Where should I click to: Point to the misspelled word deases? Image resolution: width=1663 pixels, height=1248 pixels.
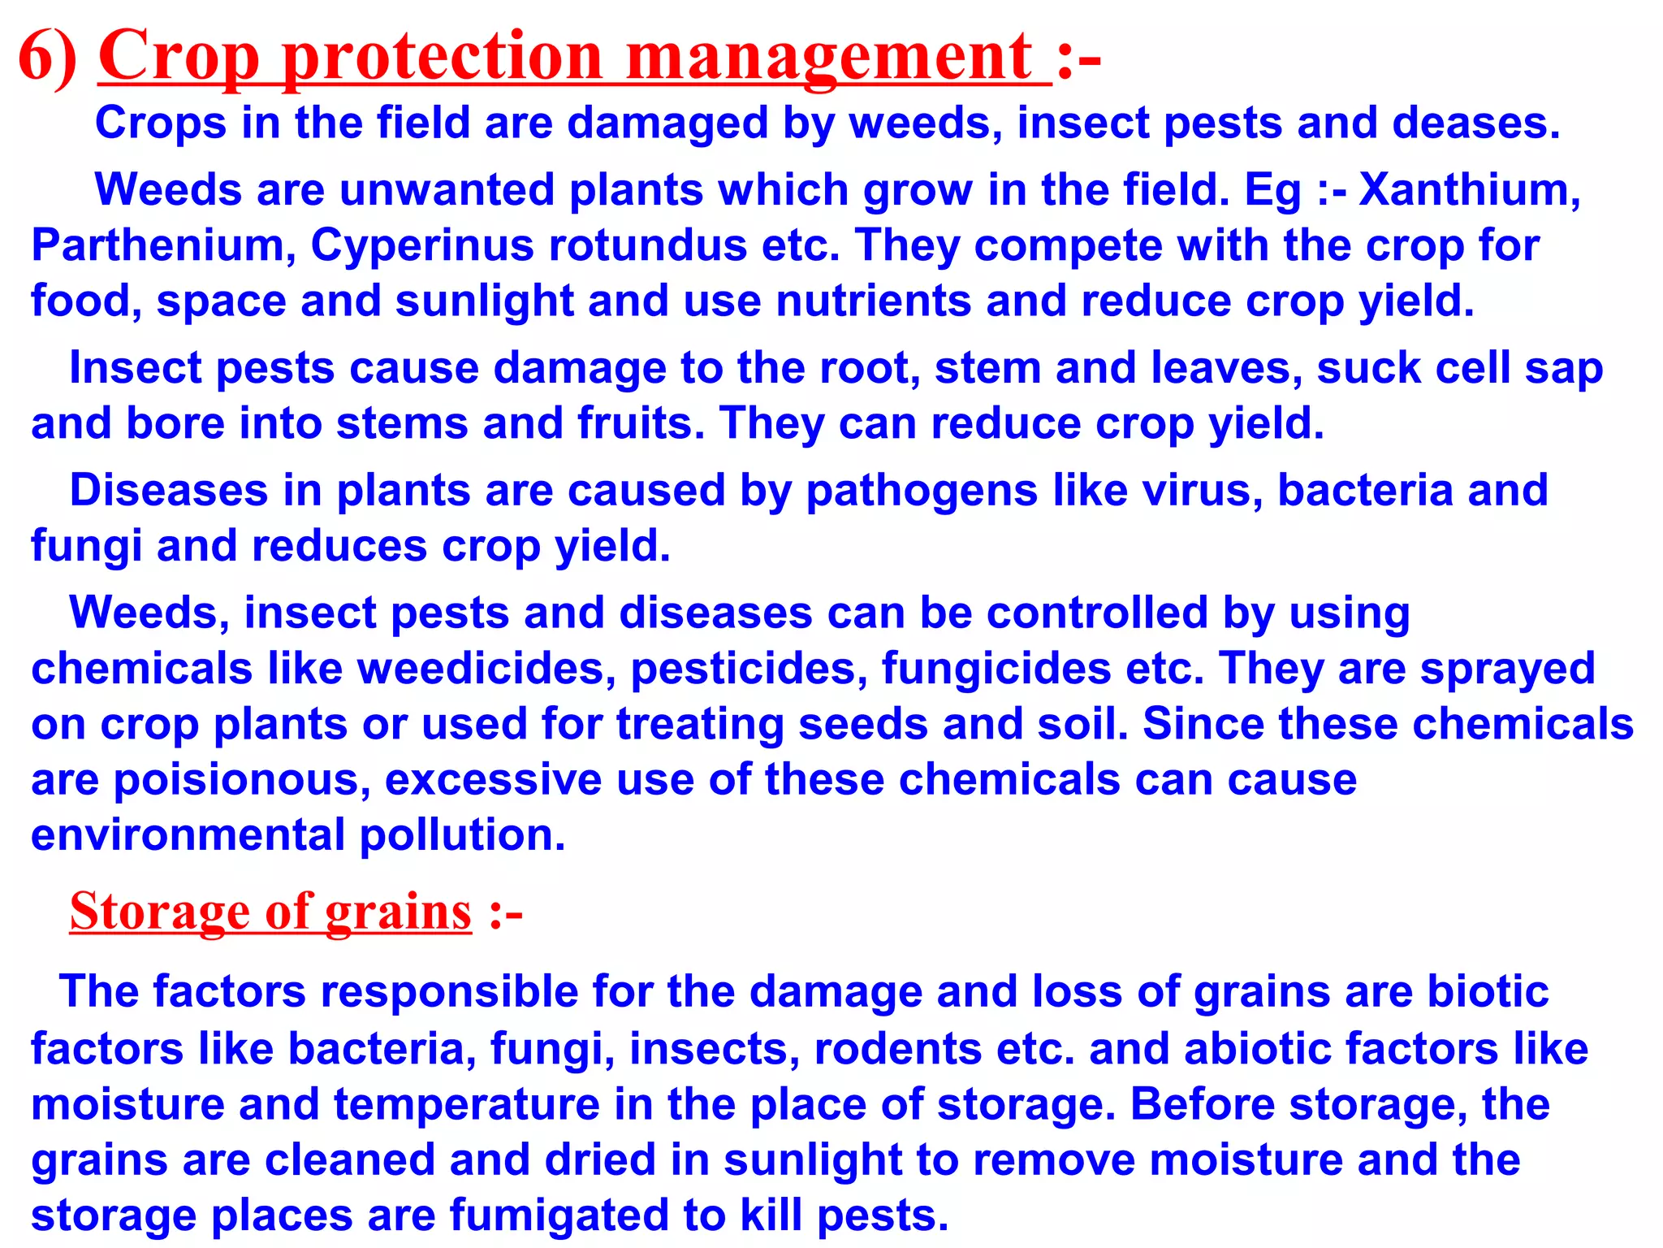point(1475,123)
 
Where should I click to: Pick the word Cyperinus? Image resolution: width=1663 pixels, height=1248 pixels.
point(422,245)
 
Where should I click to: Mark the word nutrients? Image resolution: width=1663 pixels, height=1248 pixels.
point(873,301)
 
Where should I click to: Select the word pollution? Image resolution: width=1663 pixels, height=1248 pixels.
point(462,835)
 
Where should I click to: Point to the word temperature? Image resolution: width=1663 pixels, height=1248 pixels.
point(467,1105)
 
